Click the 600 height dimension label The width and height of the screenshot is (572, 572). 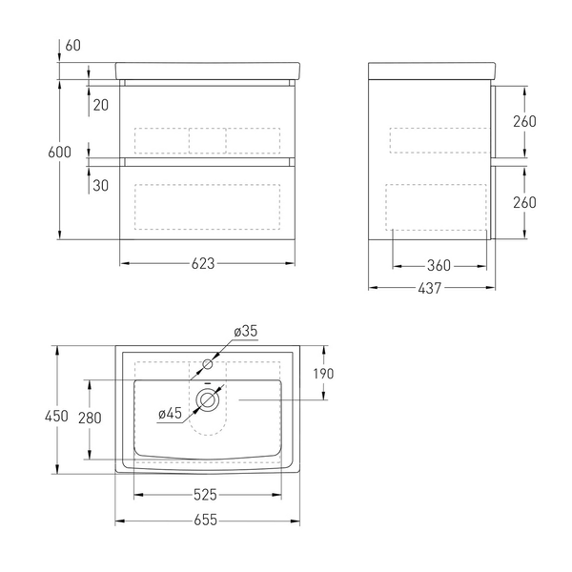(x=59, y=153)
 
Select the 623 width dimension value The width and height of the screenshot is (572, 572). (x=203, y=263)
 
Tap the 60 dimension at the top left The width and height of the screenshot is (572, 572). (x=73, y=45)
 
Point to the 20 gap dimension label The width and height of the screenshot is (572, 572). (x=101, y=105)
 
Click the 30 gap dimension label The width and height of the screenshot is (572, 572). (x=101, y=185)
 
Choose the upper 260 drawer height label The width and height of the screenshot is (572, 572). (x=524, y=121)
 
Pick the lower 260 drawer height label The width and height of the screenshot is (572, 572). (x=524, y=202)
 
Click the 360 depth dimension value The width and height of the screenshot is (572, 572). (x=439, y=266)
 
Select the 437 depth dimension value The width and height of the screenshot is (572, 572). (x=430, y=288)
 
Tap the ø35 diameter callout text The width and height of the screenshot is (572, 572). (x=246, y=331)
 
